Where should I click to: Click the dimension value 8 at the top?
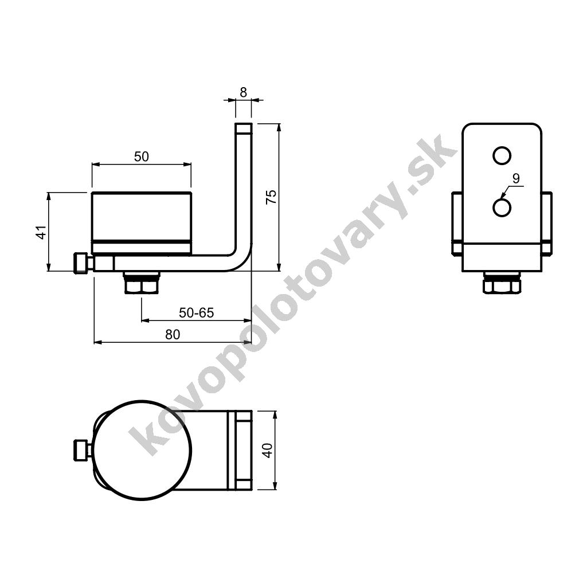(x=243, y=92)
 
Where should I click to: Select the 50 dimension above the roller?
(x=142, y=156)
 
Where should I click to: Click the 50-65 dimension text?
(x=196, y=312)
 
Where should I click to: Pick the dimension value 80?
(x=173, y=334)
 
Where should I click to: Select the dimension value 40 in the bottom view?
(x=268, y=451)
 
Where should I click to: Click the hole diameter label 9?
(x=516, y=179)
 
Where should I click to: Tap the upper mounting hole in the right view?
(x=502, y=155)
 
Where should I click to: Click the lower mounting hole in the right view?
(x=502, y=208)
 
